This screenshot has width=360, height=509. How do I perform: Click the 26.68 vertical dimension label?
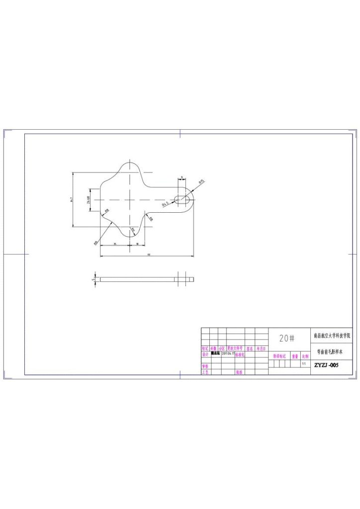coord(89,200)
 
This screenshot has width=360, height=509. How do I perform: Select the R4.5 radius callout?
coord(165,203)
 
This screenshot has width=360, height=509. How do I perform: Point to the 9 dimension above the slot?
coord(182,177)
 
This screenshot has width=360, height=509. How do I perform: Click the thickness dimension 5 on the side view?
coord(93,279)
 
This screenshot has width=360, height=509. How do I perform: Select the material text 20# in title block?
coord(287,339)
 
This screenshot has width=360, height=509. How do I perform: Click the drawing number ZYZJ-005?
coord(326,365)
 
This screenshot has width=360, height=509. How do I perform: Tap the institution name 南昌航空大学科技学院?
coord(331,336)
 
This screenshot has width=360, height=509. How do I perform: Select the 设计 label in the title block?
coord(205,354)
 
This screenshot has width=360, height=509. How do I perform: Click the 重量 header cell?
coord(295,356)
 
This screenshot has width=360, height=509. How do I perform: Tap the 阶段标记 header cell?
coord(279,356)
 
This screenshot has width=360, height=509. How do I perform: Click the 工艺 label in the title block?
coord(205,372)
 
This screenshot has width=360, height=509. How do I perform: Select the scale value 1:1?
coord(304,364)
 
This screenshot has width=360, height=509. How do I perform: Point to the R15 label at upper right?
coord(201,182)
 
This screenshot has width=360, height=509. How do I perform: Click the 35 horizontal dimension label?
coord(115,244)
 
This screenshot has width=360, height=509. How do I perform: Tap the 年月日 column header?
coord(262,348)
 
